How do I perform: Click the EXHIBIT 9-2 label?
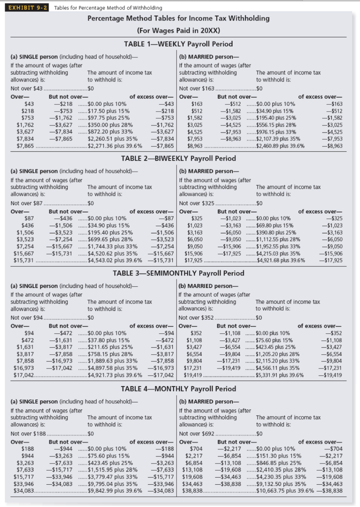point(27,8)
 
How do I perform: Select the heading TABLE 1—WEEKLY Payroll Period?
point(178,44)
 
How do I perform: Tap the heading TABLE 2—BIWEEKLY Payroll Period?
point(178,158)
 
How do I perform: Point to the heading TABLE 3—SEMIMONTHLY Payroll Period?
point(178,273)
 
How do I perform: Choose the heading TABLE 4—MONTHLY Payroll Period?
point(178,389)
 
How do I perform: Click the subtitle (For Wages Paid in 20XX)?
point(178,30)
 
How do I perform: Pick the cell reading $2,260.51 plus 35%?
point(113,139)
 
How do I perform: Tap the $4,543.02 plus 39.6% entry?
point(115,260)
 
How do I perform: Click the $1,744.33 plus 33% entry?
point(113,246)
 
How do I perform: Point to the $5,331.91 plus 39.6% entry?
point(279,375)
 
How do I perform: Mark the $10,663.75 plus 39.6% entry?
point(285,491)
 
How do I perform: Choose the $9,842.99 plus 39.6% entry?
point(115,491)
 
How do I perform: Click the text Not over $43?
point(26,88)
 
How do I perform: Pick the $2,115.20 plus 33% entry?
point(277,361)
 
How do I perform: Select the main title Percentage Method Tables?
point(178,18)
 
